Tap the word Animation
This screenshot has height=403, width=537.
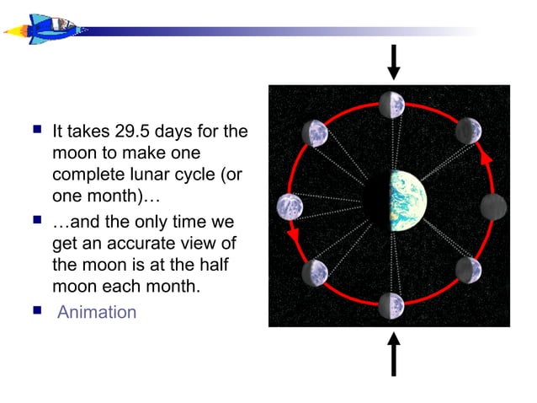click(96, 312)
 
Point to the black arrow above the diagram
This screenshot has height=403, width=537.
click(393, 62)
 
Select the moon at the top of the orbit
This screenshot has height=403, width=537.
click(391, 105)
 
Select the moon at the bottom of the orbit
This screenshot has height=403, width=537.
click(391, 305)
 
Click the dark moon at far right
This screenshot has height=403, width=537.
click(493, 206)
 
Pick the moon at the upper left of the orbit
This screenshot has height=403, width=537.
click(316, 133)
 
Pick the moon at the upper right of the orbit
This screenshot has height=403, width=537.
click(468, 131)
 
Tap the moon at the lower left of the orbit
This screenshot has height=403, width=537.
click(315, 271)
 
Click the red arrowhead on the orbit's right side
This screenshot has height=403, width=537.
click(485, 157)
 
